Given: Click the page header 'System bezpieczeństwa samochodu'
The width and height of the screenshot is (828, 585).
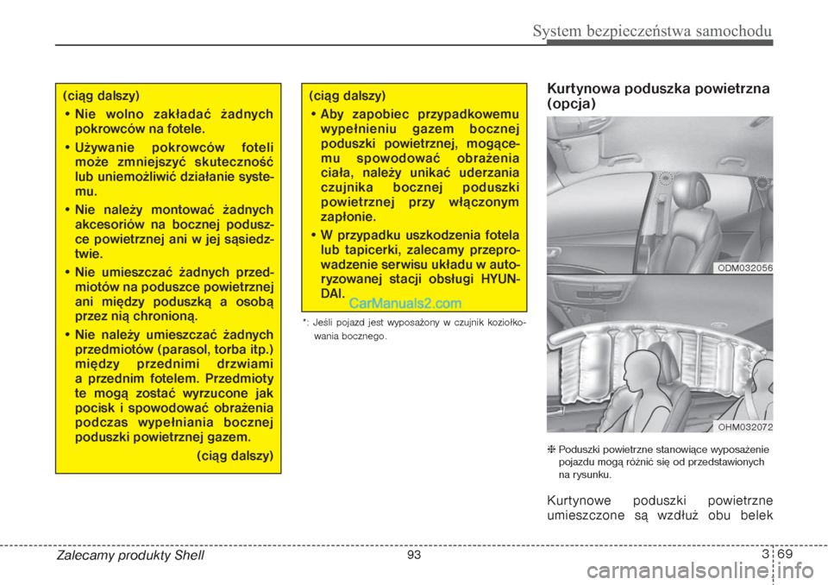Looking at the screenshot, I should pos(651,32).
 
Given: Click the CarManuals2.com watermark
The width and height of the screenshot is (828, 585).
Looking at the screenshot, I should pos(405,303).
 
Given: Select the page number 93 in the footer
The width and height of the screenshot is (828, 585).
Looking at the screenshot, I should pos(414,555).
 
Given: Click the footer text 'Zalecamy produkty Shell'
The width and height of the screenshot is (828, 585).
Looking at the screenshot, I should pos(130,556).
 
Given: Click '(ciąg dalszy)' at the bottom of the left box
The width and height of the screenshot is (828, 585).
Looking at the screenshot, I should pos(235,455).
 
